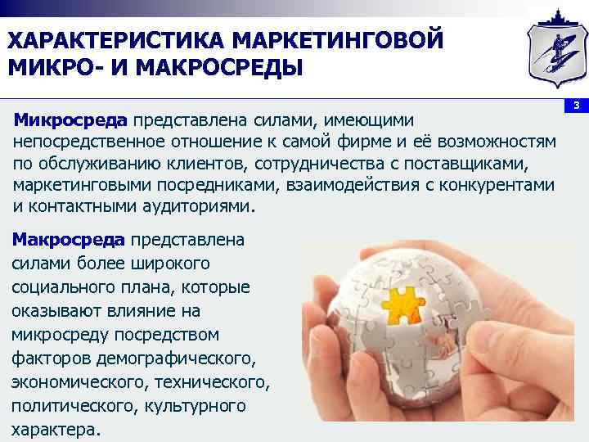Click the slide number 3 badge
pos(576,106)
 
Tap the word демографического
pos(188,359)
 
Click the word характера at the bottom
pos(55,430)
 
